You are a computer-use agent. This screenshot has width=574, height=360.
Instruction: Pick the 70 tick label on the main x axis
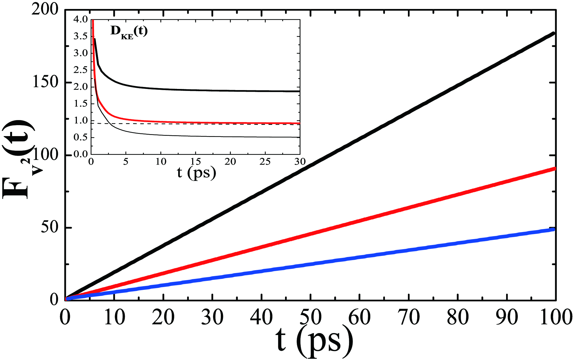point(408,317)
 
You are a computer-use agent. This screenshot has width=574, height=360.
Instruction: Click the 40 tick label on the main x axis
point(261,317)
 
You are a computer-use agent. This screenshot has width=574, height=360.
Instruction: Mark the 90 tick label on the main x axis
point(506,317)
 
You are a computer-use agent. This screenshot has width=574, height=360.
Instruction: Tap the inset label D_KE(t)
point(129,31)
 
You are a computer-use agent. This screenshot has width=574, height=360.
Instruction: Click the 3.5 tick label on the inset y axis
point(81,36)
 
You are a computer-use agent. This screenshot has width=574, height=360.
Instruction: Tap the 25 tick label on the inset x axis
point(265,162)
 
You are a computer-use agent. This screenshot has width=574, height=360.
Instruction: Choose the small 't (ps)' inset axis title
point(196,173)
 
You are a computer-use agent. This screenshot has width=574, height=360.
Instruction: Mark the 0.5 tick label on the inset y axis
point(81,137)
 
